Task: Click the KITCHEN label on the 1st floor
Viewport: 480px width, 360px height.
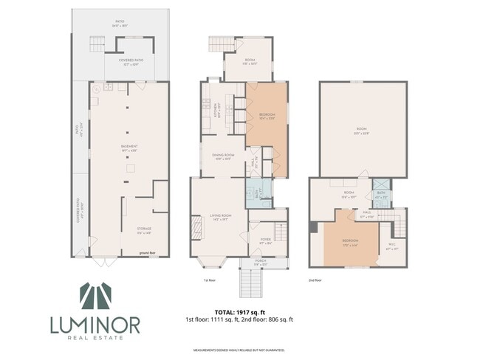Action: tap(216, 113)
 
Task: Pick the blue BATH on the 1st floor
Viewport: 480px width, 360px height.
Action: tap(258, 193)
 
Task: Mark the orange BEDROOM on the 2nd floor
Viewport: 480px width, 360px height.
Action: tap(350, 243)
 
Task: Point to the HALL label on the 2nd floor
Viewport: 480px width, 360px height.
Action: tap(366, 215)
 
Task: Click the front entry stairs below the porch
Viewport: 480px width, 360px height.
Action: tap(250, 283)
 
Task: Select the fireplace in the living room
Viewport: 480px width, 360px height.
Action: tap(196, 225)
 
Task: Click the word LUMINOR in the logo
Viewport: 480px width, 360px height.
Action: tap(95, 324)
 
